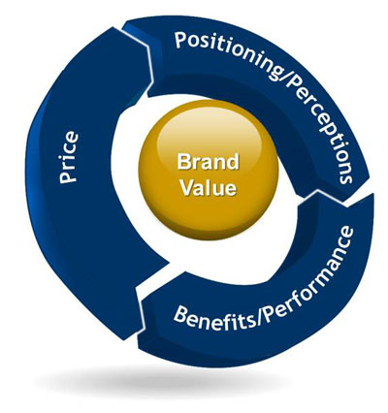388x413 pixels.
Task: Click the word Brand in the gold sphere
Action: point(208,162)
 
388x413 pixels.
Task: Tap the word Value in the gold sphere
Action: point(209,187)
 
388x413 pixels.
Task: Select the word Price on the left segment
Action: point(69,157)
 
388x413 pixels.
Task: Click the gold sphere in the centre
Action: point(209,171)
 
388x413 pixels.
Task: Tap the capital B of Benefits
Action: point(181,314)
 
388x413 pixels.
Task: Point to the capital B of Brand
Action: point(183,161)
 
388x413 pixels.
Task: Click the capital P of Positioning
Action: point(181,40)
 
